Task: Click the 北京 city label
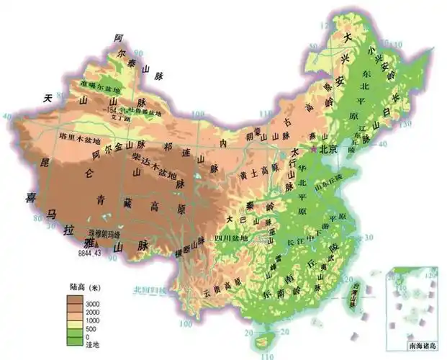click(x=329, y=150)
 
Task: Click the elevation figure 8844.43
click(x=91, y=253)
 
